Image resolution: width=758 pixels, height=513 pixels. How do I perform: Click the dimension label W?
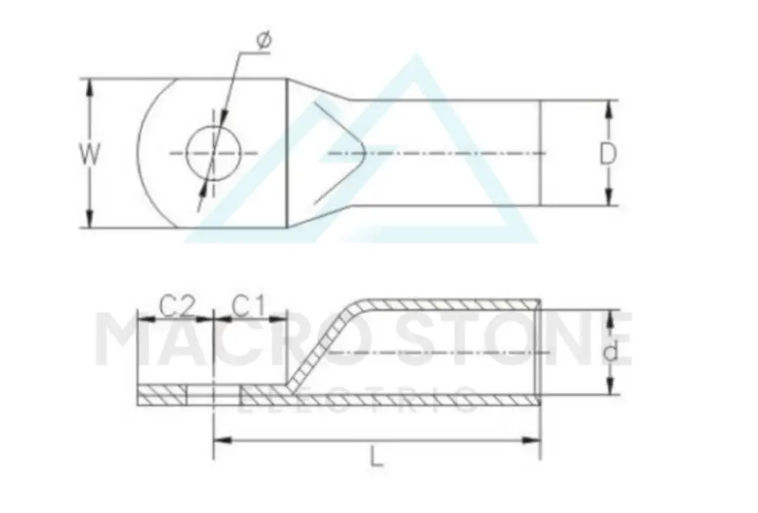[90, 154]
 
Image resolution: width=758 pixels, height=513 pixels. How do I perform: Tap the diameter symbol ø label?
[264, 40]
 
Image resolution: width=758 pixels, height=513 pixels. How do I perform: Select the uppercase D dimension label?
[608, 154]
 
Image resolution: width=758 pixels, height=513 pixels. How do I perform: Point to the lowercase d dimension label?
[611, 352]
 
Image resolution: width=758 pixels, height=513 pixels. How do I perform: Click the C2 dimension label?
[178, 306]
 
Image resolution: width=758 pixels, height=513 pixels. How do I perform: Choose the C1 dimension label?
[249, 306]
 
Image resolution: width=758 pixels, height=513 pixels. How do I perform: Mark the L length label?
[377, 457]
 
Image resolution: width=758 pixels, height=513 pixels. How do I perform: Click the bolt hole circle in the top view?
[214, 126]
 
